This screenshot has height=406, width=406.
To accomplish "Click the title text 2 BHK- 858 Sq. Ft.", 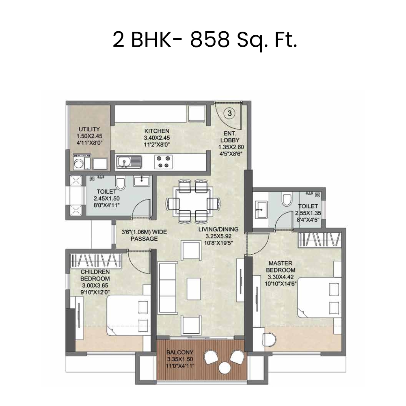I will (205, 41).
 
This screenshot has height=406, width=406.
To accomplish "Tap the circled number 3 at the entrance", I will (229, 113).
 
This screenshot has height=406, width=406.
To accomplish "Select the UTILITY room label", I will (86, 130).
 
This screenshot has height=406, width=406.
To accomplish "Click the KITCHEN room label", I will (157, 131).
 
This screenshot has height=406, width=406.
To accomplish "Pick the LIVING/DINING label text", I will (218, 229).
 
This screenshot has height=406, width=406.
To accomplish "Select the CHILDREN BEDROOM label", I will (95, 275).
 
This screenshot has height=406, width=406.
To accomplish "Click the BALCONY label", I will (180, 352).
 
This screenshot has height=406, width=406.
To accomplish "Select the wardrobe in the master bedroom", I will (318, 240).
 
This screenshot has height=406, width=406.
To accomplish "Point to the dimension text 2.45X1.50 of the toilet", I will (107, 199).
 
